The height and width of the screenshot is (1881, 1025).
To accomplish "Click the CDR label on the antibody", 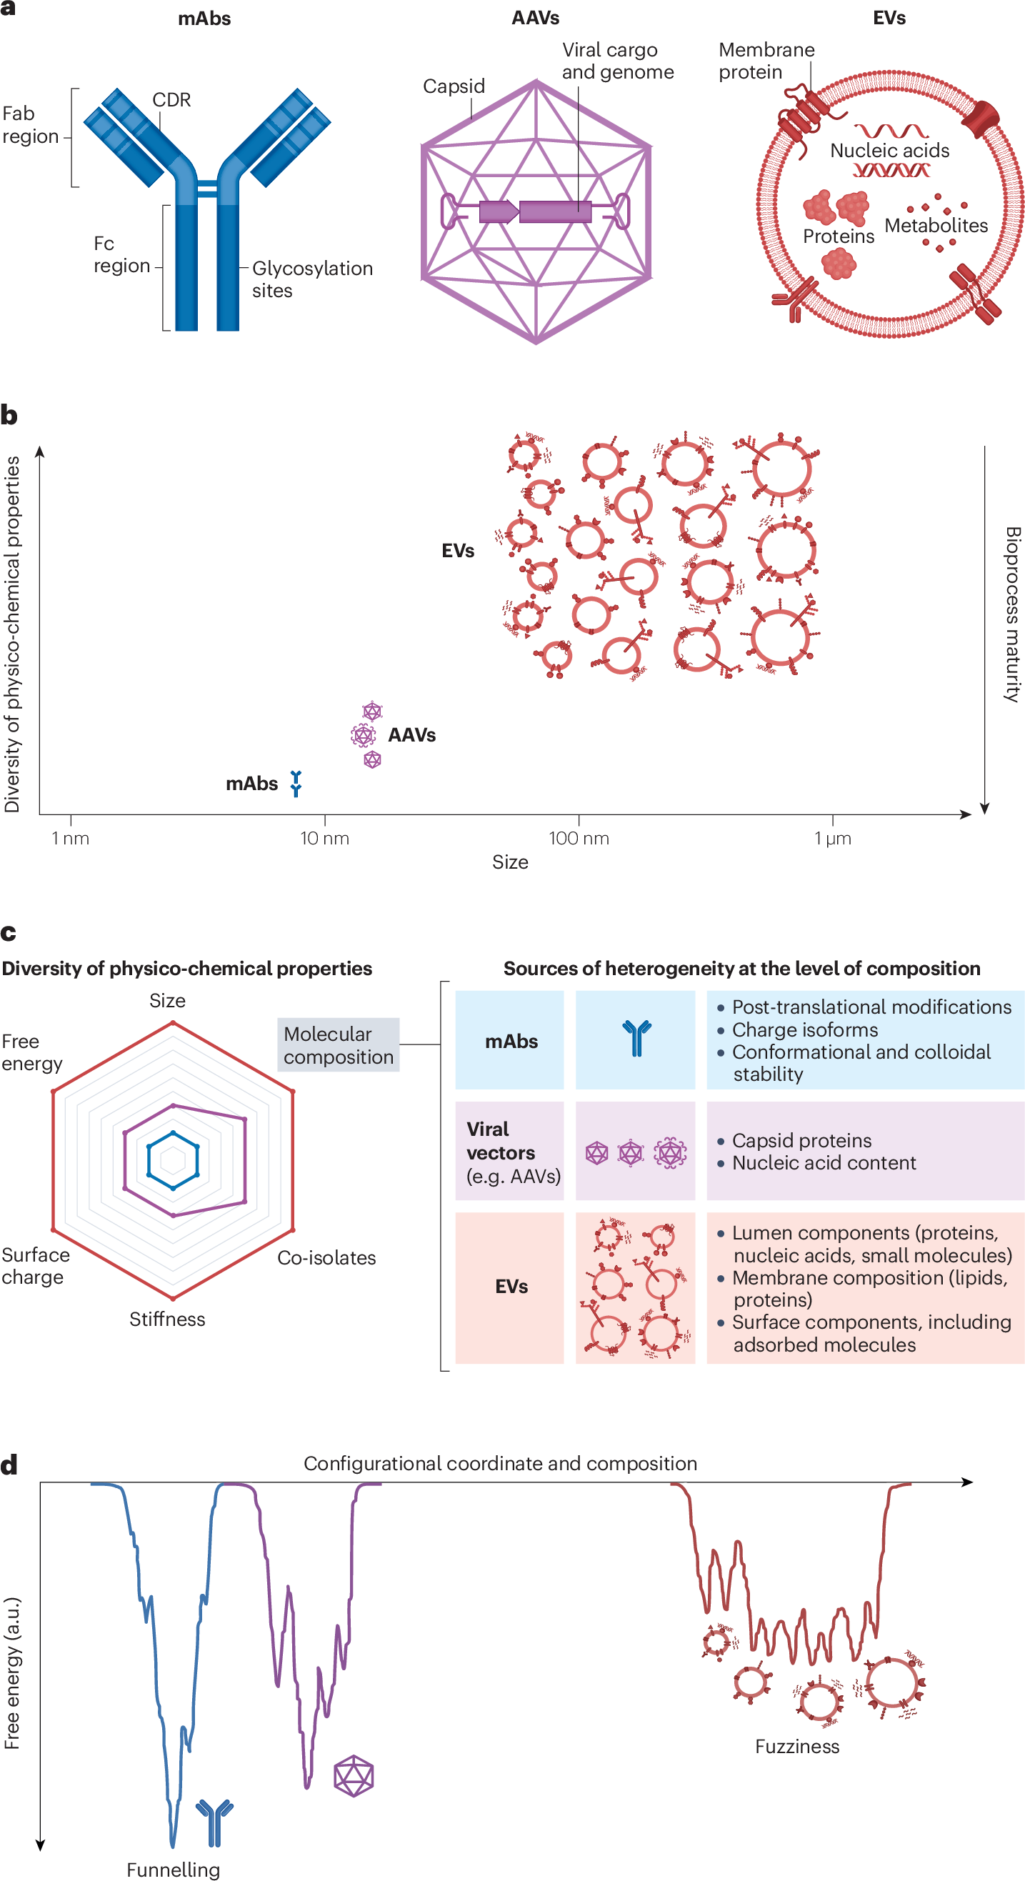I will pyautogui.click(x=171, y=100).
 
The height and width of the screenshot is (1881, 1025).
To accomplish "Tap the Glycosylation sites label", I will pyautogui.click(x=311, y=279).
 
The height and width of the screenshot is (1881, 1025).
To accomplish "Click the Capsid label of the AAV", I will pyautogui.click(x=454, y=86).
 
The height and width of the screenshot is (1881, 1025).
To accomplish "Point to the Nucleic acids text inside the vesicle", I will pyautogui.click(x=889, y=151).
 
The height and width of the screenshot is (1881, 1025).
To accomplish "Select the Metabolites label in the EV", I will pyautogui.click(x=936, y=226).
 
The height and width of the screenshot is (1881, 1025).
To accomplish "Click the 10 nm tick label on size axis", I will pyautogui.click(x=324, y=838).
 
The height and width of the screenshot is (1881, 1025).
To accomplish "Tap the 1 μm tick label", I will pyautogui.click(x=832, y=838).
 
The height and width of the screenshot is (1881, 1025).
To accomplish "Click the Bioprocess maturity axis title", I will pyautogui.click(x=1012, y=614).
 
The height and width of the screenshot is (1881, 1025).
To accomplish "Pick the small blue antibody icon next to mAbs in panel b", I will pyautogui.click(x=296, y=783).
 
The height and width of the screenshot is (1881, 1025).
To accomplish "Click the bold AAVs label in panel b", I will pyautogui.click(x=411, y=735).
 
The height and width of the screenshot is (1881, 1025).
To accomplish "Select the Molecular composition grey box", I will pyautogui.click(x=338, y=1045).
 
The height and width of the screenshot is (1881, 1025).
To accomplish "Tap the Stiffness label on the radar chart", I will pyautogui.click(x=167, y=1319).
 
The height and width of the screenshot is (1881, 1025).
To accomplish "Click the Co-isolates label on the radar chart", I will pyautogui.click(x=326, y=1258).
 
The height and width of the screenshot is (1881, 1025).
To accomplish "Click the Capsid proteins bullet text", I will pyautogui.click(x=801, y=1141).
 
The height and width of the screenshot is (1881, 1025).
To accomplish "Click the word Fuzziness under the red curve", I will pyautogui.click(x=796, y=1747).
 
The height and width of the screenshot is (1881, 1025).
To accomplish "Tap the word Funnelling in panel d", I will pyautogui.click(x=173, y=1870).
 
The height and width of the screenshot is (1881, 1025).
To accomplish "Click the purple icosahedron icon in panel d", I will pyautogui.click(x=354, y=1776).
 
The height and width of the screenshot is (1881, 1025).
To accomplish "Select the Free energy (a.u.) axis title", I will pyautogui.click(x=12, y=1672).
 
